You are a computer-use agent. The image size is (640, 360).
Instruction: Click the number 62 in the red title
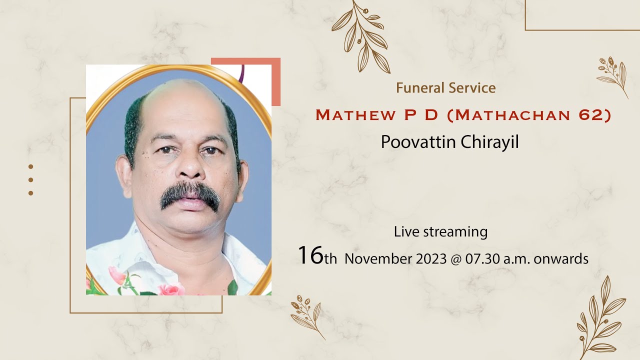(x=589, y=115)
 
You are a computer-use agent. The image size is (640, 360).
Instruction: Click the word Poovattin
(x=418, y=142)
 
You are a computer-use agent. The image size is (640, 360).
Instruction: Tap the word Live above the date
(x=406, y=232)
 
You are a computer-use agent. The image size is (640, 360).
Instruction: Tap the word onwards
(x=561, y=259)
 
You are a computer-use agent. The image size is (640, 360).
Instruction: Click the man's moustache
(x=190, y=193)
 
